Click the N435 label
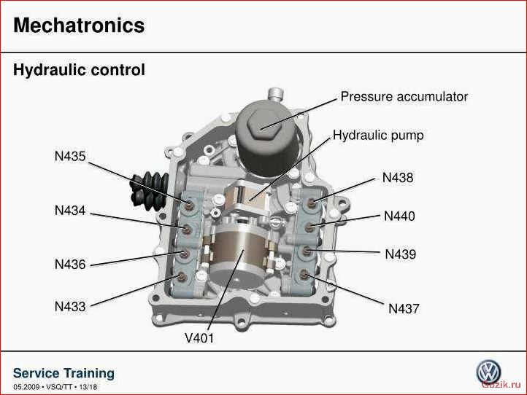[x=70, y=156]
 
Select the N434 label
[x=70, y=211]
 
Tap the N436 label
[x=70, y=264]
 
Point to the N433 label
[x=70, y=306]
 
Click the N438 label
[x=398, y=178]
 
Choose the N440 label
[x=399, y=216]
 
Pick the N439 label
[x=400, y=254]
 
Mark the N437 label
[x=404, y=308]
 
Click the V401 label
[x=199, y=337]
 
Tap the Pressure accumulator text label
[x=404, y=97]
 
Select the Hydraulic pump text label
[x=378, y=136]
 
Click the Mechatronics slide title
[x=79, y=26]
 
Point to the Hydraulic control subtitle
[x=79, y=70]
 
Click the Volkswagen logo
[x=488, y=372]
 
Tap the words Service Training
[x=64, y=373]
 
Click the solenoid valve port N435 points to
[x=190, y=204]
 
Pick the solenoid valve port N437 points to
[x=304, y=275]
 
